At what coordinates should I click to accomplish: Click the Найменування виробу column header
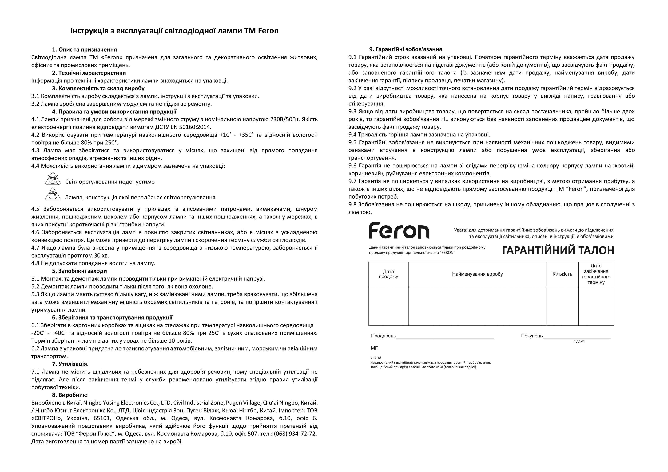[x=477, y=274]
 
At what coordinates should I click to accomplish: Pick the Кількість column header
[x=562, y=274]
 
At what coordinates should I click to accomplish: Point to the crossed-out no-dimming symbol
[x=53, y=179]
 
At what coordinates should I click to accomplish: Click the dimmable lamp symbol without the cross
[x=53, y=194]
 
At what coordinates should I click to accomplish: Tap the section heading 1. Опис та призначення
[x=84, y=49]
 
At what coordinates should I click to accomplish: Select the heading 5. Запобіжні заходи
[x=79, y=271]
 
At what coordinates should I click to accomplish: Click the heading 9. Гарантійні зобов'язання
[x=406, y=49]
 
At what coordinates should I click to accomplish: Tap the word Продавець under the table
[x=383, y=336]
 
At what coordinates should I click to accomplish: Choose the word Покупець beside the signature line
[x=531, y=336]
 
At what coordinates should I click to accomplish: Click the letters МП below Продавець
[x=374, y=348]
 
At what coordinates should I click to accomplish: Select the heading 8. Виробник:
[x=70, y=395]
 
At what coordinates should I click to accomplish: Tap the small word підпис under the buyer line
[x=579, y=341]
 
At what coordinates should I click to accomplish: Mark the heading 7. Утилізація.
[x=70, y=364]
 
